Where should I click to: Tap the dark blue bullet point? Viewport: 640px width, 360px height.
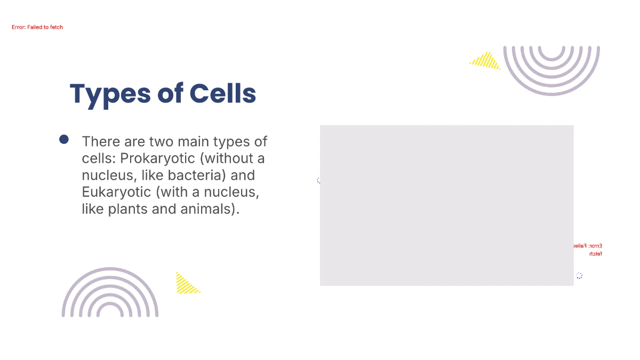coord(64,140)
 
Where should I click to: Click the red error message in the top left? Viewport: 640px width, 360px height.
coord(37,27)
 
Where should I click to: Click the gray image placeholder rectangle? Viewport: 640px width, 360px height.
coord(446,205)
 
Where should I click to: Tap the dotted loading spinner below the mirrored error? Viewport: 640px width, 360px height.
coord(579,276)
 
